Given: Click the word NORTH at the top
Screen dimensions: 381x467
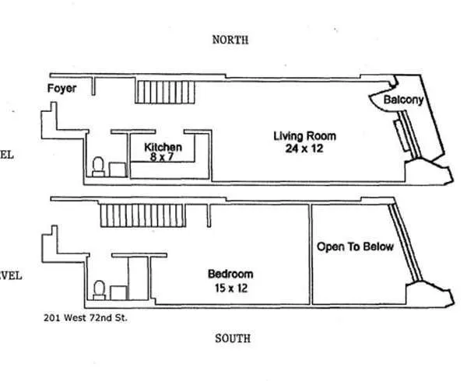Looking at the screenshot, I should click(x=230, y=40).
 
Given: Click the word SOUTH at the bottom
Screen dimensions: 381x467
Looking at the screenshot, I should click(x=231, y=338).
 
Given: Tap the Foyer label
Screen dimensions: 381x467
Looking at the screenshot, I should click(x=62, y=89).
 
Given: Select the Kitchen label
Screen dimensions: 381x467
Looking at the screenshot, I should click(x=163, y=146).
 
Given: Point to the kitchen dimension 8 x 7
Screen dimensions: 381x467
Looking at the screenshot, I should click(x=163, y=156).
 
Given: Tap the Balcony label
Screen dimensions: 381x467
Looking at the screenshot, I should click(x=403, y=100).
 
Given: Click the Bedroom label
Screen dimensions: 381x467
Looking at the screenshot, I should click(x=230, y=274).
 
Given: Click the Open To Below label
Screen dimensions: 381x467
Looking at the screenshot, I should click(x=355, y=246).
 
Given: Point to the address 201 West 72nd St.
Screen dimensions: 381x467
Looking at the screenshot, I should click(x=86, y=317).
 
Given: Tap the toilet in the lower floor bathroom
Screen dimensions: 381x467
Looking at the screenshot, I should click(x=99, y=290).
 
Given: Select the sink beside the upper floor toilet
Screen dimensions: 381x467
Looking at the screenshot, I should click(x=117, y=170).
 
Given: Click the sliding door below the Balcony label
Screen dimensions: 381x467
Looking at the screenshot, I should click(x=401, y=135).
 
